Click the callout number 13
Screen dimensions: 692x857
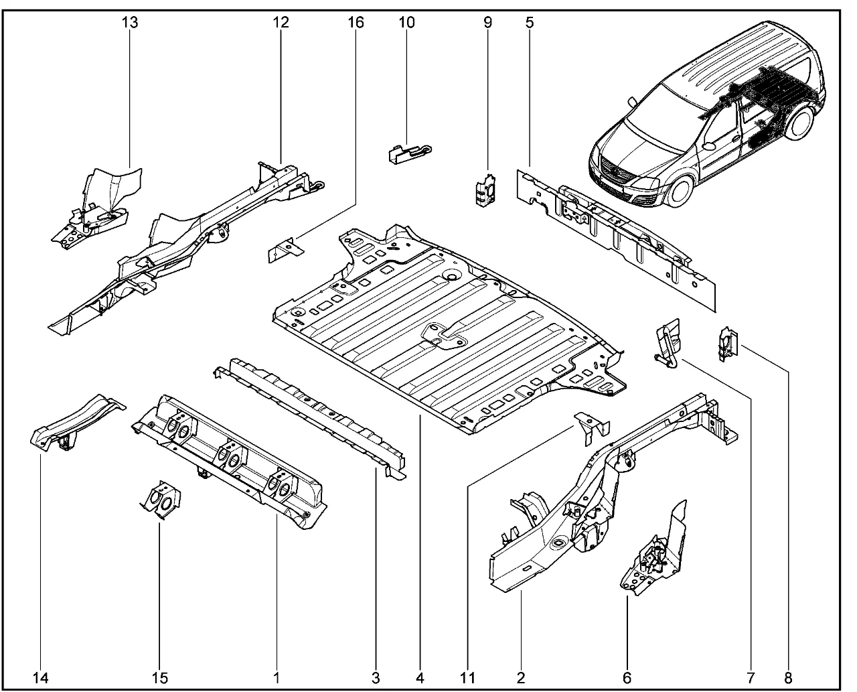130,23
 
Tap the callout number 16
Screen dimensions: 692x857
356,23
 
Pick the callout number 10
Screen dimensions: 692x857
406,23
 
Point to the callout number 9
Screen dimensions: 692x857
487,23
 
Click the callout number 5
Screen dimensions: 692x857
530,23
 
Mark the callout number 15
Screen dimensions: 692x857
159,677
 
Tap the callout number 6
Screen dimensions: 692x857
627,677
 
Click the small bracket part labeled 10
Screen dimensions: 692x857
406,153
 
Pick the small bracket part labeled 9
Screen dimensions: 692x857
485,190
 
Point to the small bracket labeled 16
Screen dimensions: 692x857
284,251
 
